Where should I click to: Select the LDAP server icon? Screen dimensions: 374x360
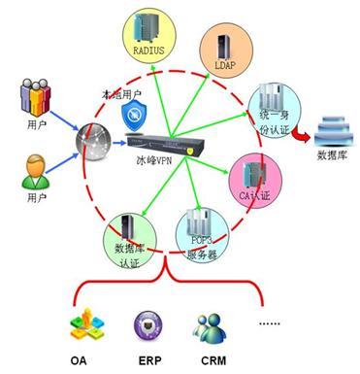point(221,48)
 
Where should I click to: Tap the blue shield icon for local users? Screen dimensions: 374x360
point(133,116)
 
